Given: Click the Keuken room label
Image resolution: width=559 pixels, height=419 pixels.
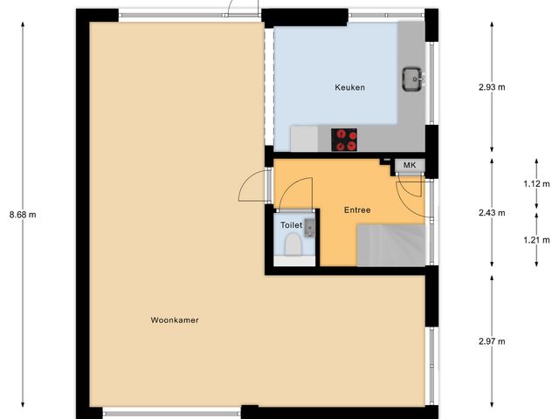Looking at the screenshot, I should coord(349,88).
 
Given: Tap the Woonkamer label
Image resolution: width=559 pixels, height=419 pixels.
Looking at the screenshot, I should coord(175,320).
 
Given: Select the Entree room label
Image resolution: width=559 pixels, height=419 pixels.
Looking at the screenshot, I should coord(357,210).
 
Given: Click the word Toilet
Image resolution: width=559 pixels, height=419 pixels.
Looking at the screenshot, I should coord(290,224).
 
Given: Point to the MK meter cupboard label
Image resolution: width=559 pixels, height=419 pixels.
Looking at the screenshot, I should coord(409,165).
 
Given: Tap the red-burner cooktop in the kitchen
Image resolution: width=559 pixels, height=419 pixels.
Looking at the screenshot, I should coord(345,139).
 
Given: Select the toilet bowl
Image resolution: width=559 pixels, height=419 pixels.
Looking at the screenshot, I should coord(292,245).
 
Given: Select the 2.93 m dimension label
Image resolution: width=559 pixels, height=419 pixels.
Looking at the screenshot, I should coord(493,87).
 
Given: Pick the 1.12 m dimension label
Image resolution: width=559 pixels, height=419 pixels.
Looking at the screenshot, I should coord(536,183).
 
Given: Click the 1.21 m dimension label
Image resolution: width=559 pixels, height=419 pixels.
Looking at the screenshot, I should coord(536,239).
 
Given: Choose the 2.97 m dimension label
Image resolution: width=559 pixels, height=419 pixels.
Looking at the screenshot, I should coord(493,340).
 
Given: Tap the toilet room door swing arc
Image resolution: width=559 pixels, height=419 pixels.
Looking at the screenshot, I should coord(295,194).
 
